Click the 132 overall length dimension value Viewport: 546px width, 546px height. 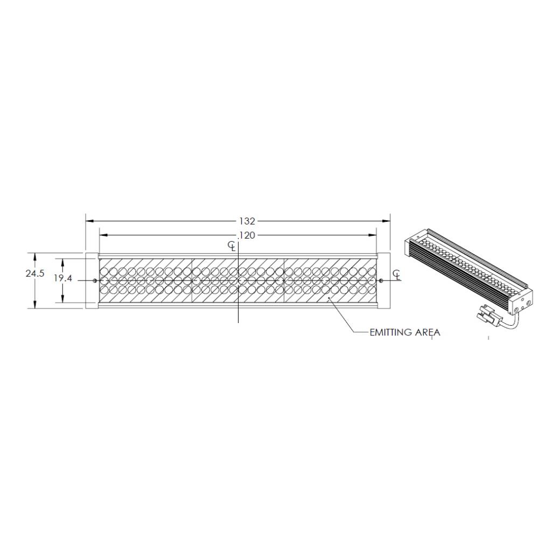(247, 221)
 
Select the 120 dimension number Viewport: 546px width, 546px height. (247, 236)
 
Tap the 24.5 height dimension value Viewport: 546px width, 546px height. (35, 274)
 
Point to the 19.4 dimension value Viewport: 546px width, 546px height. (63, 278)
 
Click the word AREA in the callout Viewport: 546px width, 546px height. (428, 332)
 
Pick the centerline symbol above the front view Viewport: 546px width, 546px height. (232, 247)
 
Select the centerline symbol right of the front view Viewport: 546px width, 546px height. (397, 275)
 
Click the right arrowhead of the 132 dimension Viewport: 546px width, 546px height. (386, 221)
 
